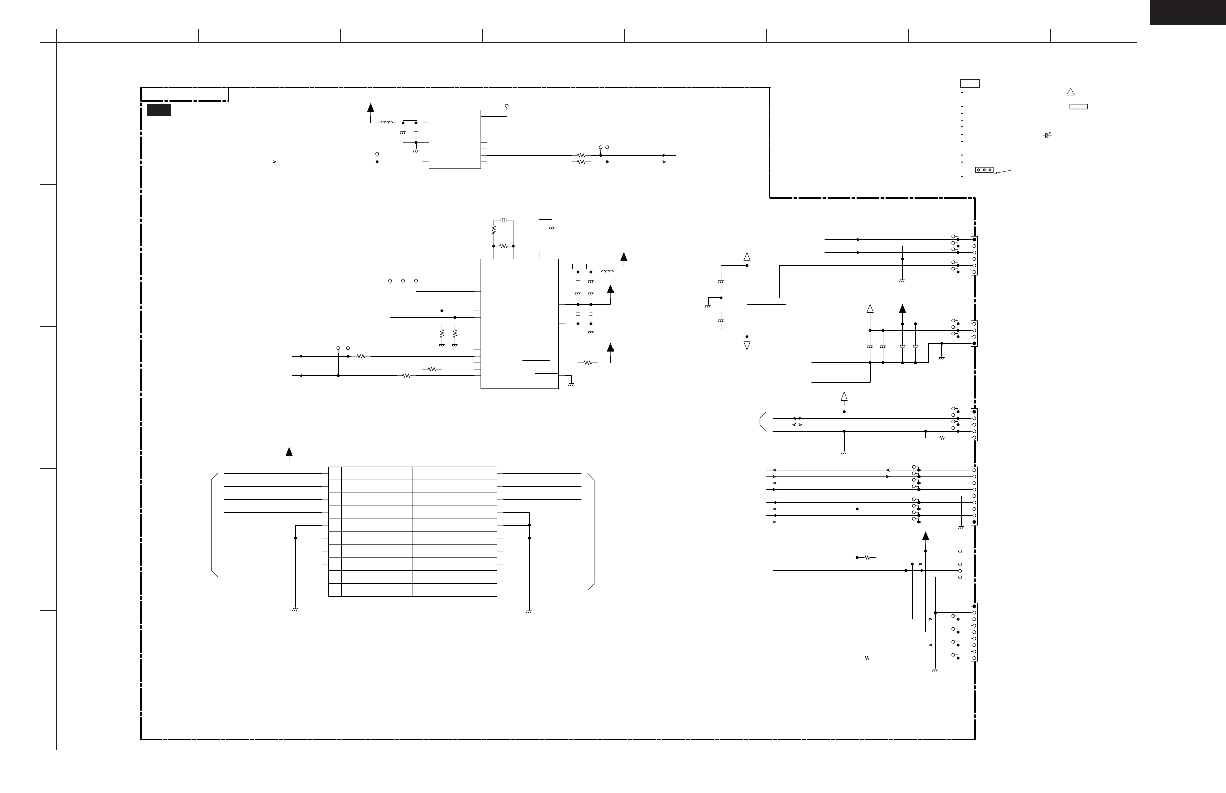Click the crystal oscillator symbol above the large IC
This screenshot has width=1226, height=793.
pos(503,220)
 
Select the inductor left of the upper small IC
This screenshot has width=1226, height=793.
pos(386,123)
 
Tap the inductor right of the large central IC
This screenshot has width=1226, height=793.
pos(607,271)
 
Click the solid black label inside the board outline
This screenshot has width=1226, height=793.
pos(159,110)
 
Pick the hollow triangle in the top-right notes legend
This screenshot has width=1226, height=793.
pos(1070,92)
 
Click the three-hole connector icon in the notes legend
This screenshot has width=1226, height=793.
pos(984,170)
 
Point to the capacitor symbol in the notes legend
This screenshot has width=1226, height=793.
pos(1046,135)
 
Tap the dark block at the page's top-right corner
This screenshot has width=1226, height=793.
pos(1188,12)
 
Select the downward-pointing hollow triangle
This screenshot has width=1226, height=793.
pos(747,345)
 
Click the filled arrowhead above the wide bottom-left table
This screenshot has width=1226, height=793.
pos(289,452)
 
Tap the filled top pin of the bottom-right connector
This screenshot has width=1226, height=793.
pos(974,606)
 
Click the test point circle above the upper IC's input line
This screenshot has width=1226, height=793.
pos(377,154)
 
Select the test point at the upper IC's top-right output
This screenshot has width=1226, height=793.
pos(507,106)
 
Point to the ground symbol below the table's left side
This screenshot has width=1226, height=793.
pos(295,610)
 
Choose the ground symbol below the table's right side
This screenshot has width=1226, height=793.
pos(529,612)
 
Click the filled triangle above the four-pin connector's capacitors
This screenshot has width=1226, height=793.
pos(902,309)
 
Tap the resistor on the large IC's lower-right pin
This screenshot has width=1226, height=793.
pos(588,363)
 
